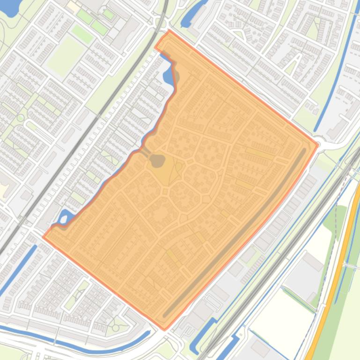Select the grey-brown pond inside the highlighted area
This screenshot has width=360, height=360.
(x=157, y=161)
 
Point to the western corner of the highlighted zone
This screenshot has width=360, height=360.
(x=44, y=237)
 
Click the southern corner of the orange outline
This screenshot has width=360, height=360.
(x=164, y=329)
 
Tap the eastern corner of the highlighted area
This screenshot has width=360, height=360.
(x=318, y=144)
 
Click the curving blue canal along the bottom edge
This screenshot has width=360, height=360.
(x=70, y=342)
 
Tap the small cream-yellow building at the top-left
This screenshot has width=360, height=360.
(x=73, y=6)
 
